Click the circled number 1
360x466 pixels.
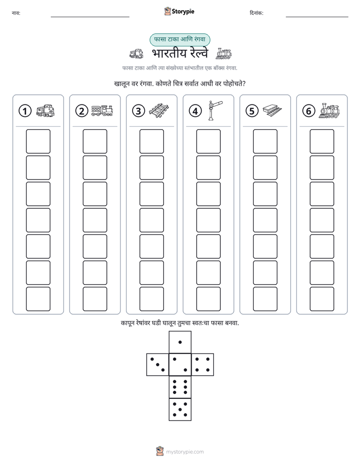(x=25, y=111)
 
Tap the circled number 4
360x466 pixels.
(x=195, y=111)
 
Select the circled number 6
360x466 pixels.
(x=309, y=111)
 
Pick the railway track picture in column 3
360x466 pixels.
(x=159, y=110)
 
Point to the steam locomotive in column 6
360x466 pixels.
(x=329, y=110)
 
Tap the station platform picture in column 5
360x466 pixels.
(x=272, y=110)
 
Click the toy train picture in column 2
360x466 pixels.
(x=102, y=110)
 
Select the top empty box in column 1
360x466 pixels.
(x=38, y=141)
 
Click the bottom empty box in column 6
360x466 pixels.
(x=322, y=299)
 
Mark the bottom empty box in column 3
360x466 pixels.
(x=151, y=299)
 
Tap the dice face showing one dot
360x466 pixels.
(x=180, y=342)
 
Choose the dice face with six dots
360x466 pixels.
(x=180, y=387)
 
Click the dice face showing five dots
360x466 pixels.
(x=180, y=409)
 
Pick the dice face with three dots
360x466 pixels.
(x=158, y=364)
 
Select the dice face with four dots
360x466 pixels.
(x=203, y=364)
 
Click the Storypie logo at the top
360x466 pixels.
(x=179, y=11)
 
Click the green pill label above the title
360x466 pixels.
(x=179, y=39)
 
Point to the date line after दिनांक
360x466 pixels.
(x=317, y=17)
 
